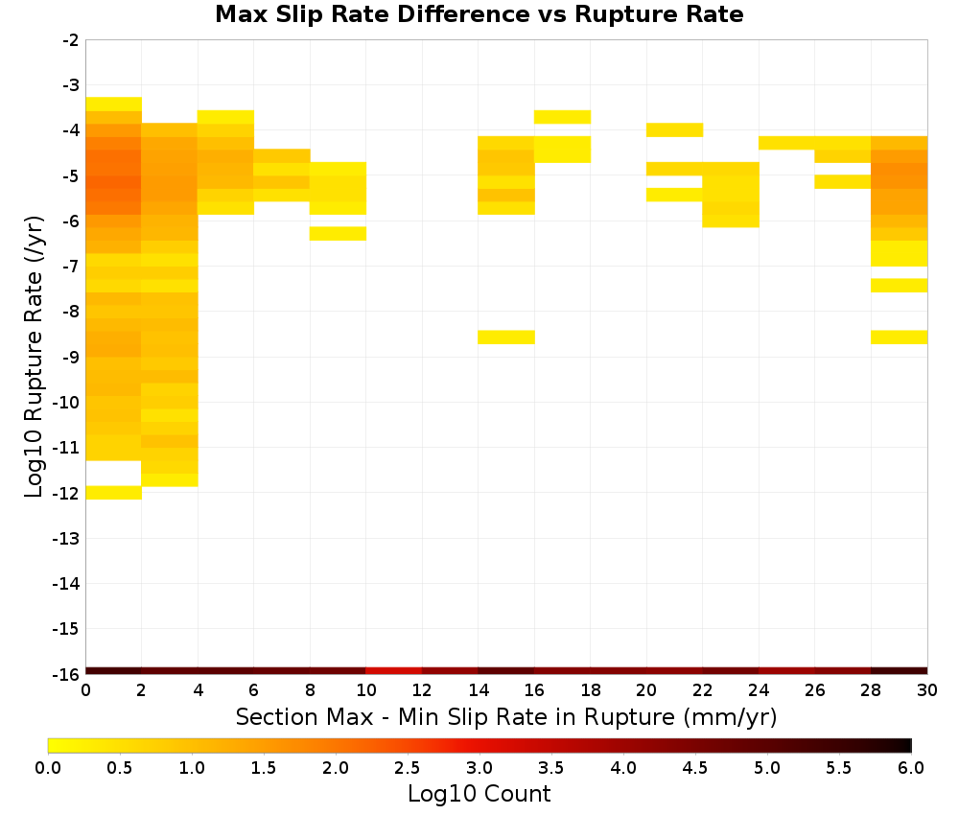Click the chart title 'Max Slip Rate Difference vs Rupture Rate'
[x=479, y=14]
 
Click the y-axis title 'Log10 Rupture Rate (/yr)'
[x=34, y=357]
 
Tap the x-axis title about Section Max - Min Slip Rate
[x=505, y=716]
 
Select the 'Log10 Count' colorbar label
[x=479, y=794]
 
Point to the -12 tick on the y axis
[x=66, y=493]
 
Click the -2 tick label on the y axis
[x=71, y=40]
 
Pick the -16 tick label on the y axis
[x=66, y=674]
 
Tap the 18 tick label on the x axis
[x=590, y=690]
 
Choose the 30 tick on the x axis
[x=927, y=690]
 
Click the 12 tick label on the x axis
[x=422, y=690]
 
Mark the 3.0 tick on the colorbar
[x=479, y=767]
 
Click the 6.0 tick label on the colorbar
[x=911, y=767]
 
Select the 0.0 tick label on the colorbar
[x=48, y=767]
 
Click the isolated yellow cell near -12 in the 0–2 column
[x=114, y=492]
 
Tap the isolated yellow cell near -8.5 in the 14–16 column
[x=506, y=337]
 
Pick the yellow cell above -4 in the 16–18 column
[x=562, y=117]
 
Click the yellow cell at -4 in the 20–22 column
[x=674, y=129]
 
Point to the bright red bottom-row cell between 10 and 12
[x=394, y=671]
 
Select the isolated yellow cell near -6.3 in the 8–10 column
[x=339, y=234]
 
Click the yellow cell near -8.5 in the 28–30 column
[x=900, y=337]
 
